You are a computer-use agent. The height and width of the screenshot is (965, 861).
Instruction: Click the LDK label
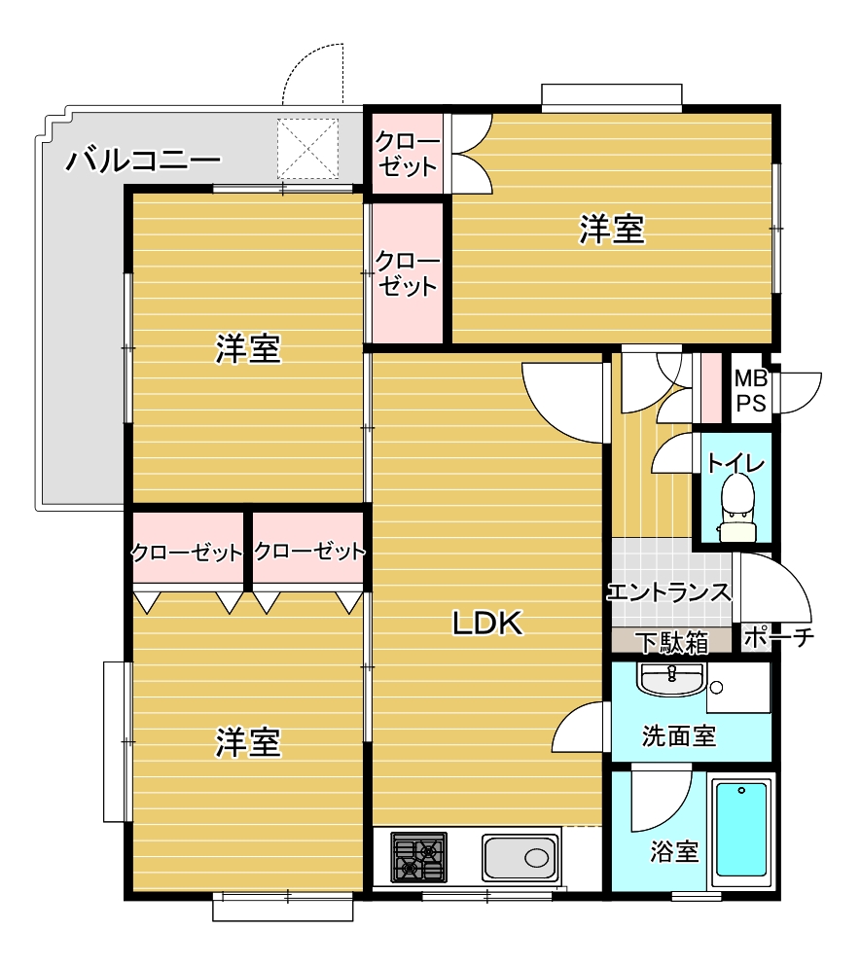click(487, 623)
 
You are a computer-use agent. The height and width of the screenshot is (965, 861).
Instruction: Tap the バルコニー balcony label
click(143, 161)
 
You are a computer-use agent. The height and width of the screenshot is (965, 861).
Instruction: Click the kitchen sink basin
click(520, 857)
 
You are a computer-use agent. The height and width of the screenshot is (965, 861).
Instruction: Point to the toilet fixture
click(736, 508)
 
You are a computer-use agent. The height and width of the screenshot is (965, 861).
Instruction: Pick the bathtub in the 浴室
click(741, 830)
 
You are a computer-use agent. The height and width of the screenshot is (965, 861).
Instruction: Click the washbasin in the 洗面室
click(672, 679)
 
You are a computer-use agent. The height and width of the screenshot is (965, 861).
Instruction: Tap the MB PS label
click(751, 390)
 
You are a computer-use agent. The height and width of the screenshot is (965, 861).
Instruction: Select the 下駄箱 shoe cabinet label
click(672, 642)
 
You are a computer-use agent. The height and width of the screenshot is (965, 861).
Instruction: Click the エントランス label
click(669, 592)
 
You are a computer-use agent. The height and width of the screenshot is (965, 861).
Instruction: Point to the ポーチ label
click(778, 637)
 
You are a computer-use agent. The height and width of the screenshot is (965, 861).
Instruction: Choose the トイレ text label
click(736, 463)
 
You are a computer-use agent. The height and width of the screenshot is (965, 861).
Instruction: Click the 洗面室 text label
click(679, 735)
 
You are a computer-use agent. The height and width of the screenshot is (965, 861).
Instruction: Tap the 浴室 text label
click(674, 852)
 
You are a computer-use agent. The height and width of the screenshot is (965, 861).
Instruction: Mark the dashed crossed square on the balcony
click(307, 149)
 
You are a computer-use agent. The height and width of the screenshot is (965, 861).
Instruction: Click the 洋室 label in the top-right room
click(612, 229)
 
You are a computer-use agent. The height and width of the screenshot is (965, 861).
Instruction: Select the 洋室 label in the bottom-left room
click(248, 741)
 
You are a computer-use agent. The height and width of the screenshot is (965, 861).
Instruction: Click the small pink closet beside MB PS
click(711, 388)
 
